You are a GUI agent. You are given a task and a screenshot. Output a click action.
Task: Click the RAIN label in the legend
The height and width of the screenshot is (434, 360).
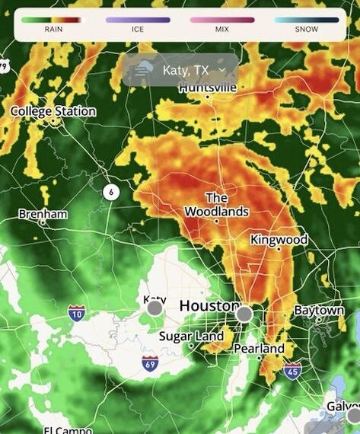[x=53, y=30]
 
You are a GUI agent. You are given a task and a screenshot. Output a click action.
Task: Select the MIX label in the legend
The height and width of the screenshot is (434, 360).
[x=222, y=30]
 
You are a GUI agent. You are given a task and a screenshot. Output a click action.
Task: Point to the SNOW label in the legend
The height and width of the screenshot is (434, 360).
[x=307, y=30]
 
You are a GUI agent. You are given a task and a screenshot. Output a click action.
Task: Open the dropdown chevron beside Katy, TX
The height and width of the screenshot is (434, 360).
[x=221, y=70]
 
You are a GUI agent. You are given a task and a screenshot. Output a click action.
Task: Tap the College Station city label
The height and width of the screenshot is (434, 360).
[x=53, y=111]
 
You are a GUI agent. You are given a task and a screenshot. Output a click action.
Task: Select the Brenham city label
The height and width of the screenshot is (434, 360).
[x=43, y=214]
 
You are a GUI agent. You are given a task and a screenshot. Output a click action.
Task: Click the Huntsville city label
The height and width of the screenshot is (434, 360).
[x=208, y=88]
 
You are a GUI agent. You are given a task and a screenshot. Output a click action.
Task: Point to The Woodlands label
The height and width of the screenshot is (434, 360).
[x=216, y=205]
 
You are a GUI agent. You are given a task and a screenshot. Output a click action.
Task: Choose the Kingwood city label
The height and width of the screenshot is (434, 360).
[x=279, y=240]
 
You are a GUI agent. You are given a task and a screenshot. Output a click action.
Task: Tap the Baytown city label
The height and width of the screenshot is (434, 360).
[x=319, y=311]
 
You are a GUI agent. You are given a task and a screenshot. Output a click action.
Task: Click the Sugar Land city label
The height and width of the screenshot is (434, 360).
[x=191, y=336]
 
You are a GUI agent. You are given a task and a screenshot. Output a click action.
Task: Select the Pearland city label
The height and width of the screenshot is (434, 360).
[x=260, y=349]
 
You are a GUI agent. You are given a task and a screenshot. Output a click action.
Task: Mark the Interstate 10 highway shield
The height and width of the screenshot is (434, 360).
[x=76, y=313]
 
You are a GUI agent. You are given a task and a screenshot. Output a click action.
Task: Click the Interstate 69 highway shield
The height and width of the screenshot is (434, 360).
[x=150, y=362]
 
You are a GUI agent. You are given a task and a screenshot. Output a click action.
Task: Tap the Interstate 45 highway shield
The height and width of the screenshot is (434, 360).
[x=292, y=370]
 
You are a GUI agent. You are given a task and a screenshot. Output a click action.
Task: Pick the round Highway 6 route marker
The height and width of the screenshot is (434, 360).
[x=111, y=192]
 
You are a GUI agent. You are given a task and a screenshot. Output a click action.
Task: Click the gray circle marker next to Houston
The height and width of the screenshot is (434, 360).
[x=244, y=314]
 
